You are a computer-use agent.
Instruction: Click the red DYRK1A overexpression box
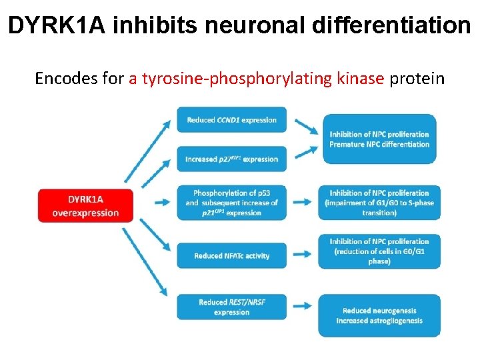point(86,206)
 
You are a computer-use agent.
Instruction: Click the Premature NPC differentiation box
point(379,139)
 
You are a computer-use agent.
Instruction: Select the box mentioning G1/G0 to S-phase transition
point(379,203)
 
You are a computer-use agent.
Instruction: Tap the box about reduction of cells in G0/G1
point(379,251)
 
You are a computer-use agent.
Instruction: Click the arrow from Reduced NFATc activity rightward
point(302,254)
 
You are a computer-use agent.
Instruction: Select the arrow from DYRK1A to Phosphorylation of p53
point(161,203)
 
